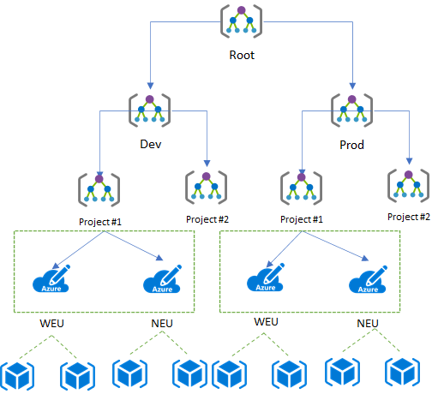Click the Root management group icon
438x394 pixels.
pos(241,21)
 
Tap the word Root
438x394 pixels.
pos(242,55)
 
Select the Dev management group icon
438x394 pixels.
pos(149,110)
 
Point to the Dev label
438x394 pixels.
pos(151,144)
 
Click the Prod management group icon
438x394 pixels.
pos(351,110)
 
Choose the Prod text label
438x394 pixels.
pos(351,145)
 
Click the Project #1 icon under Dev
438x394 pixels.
pos(99,189)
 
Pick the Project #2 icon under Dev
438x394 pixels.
pos(206,187)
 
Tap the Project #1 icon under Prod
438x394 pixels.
pos(301,188)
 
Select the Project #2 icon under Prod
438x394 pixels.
pos(408,185)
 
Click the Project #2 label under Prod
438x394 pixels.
pos(409,217)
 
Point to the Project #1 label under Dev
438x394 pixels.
pos(100,222)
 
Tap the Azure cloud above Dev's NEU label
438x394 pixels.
pos(162,279)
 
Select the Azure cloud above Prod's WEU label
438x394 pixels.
pos(266,278)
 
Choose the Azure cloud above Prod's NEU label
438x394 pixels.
pos(368,279)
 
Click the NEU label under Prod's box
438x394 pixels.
pos(368,324)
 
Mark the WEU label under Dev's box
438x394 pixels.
pos(51,324)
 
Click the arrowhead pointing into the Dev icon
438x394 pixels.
pos(151,86)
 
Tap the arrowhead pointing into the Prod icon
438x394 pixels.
pos(352,86)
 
